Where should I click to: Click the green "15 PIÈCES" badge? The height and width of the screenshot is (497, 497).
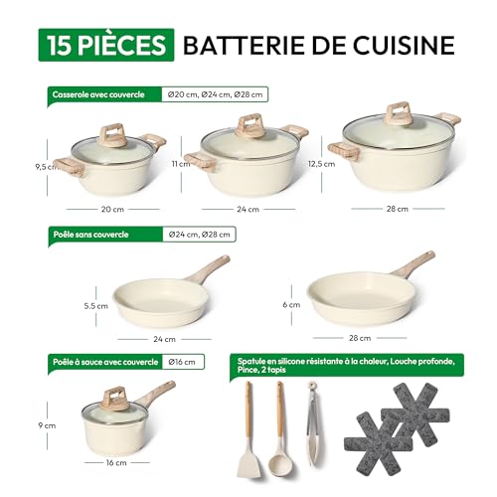click(x=106, y=45)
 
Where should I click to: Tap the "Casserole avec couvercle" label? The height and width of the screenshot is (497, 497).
click(x=98, y=94)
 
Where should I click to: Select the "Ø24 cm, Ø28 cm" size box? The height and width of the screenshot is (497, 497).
click(x=199, y=235)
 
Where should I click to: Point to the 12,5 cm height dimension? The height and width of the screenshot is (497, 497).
click(x=321, y=164)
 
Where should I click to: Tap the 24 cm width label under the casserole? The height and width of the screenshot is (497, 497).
click(x=248, y=210)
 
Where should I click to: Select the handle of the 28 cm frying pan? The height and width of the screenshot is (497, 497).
click(x=414, y=264)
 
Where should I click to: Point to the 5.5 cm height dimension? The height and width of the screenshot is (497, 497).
click(x=96, y=306)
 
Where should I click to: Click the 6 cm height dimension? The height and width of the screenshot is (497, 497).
click(x=291, y=305)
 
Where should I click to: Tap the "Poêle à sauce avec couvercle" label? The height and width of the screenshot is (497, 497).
click(x=105, y=362)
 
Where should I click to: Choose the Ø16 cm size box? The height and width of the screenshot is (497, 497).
click(x=182, y=362)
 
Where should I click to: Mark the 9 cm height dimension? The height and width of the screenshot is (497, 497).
click(x=47, y=425)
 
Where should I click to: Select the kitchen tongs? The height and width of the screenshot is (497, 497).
click(x=313, y=424)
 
